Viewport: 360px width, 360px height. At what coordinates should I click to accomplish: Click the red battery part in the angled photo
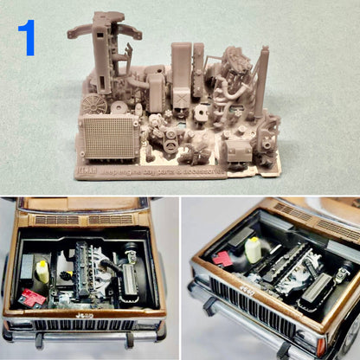pyautogui.click(x=223, y=258)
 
